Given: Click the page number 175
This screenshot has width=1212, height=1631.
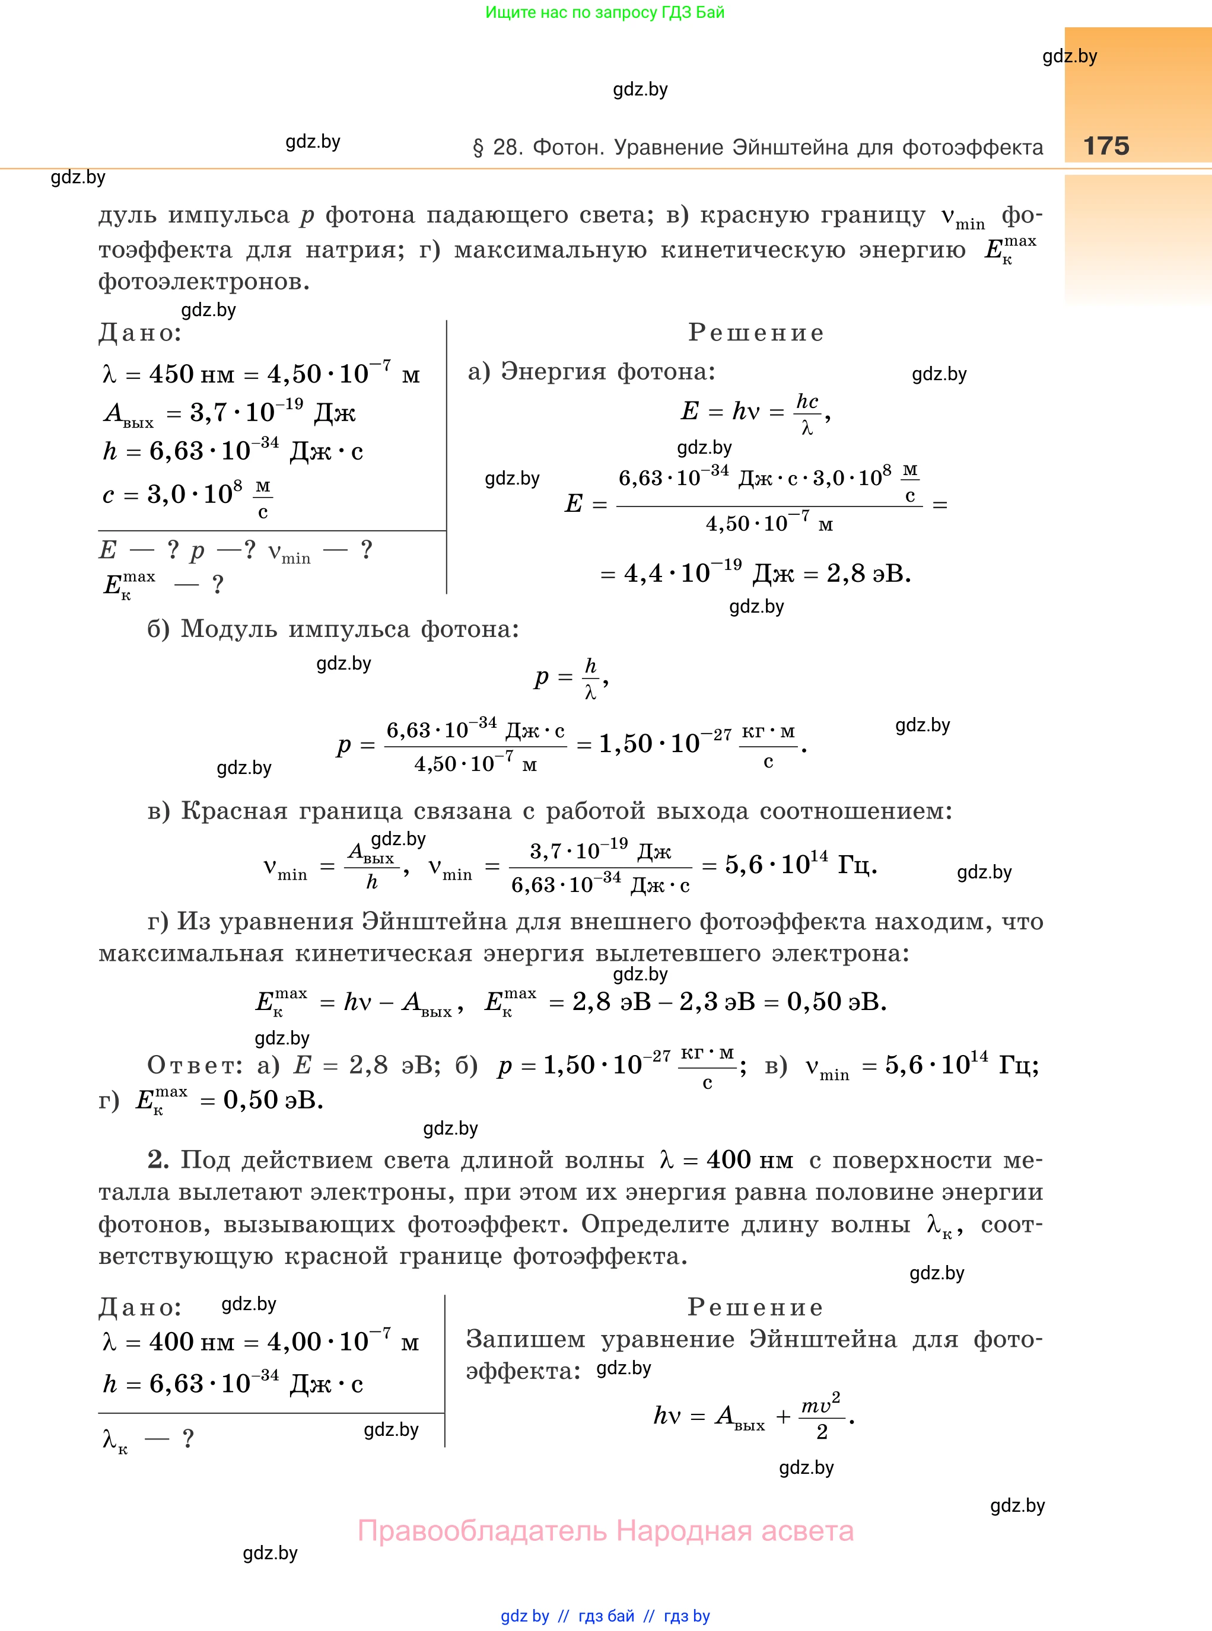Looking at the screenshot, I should tap(1106, 145).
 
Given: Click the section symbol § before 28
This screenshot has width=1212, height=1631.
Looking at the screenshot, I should tap(478, 148).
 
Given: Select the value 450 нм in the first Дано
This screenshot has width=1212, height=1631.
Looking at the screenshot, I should tap(192, 375).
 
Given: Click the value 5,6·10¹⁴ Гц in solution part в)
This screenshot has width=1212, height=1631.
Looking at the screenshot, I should tap(800, 865).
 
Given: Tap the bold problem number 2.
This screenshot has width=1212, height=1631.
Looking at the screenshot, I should tap(158, 1159).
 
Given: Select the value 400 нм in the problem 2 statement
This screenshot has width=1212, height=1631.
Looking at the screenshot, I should tap(749, 1160).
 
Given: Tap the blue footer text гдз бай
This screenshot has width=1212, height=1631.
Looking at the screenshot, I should tap(606, 1616).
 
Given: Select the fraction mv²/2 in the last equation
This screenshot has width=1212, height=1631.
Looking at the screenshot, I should tap(821, 1417).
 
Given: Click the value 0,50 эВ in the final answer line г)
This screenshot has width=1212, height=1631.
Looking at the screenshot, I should tap(272, 1100).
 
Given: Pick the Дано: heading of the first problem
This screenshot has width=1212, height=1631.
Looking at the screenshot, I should tap(140, 334).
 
